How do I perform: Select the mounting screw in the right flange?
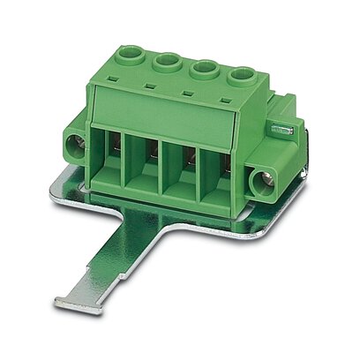[x=262, y=183]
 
